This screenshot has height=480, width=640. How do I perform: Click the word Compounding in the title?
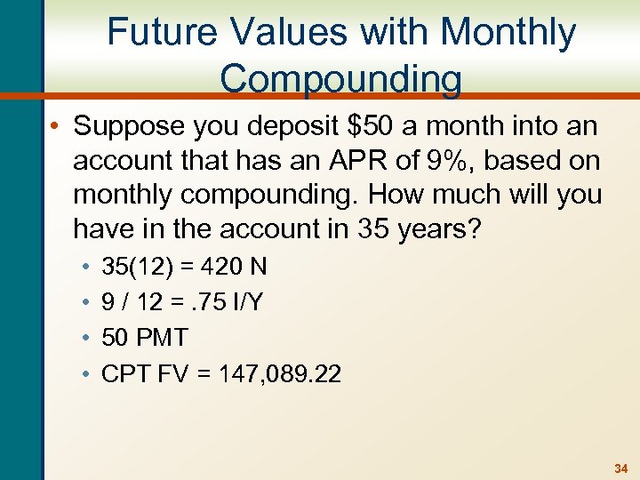point(340,78)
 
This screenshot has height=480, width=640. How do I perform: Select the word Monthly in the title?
point(508,33)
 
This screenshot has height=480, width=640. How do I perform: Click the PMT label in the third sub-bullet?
point(161,339)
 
